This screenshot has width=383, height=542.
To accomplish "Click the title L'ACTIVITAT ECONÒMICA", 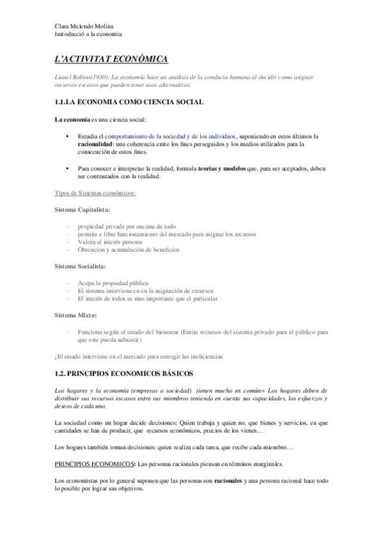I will [111, 59].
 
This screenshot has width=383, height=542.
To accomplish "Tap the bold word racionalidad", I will [97, 145].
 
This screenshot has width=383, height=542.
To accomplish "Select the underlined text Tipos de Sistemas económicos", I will [96, 192].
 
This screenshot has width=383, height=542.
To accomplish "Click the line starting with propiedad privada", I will [127, 226].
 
